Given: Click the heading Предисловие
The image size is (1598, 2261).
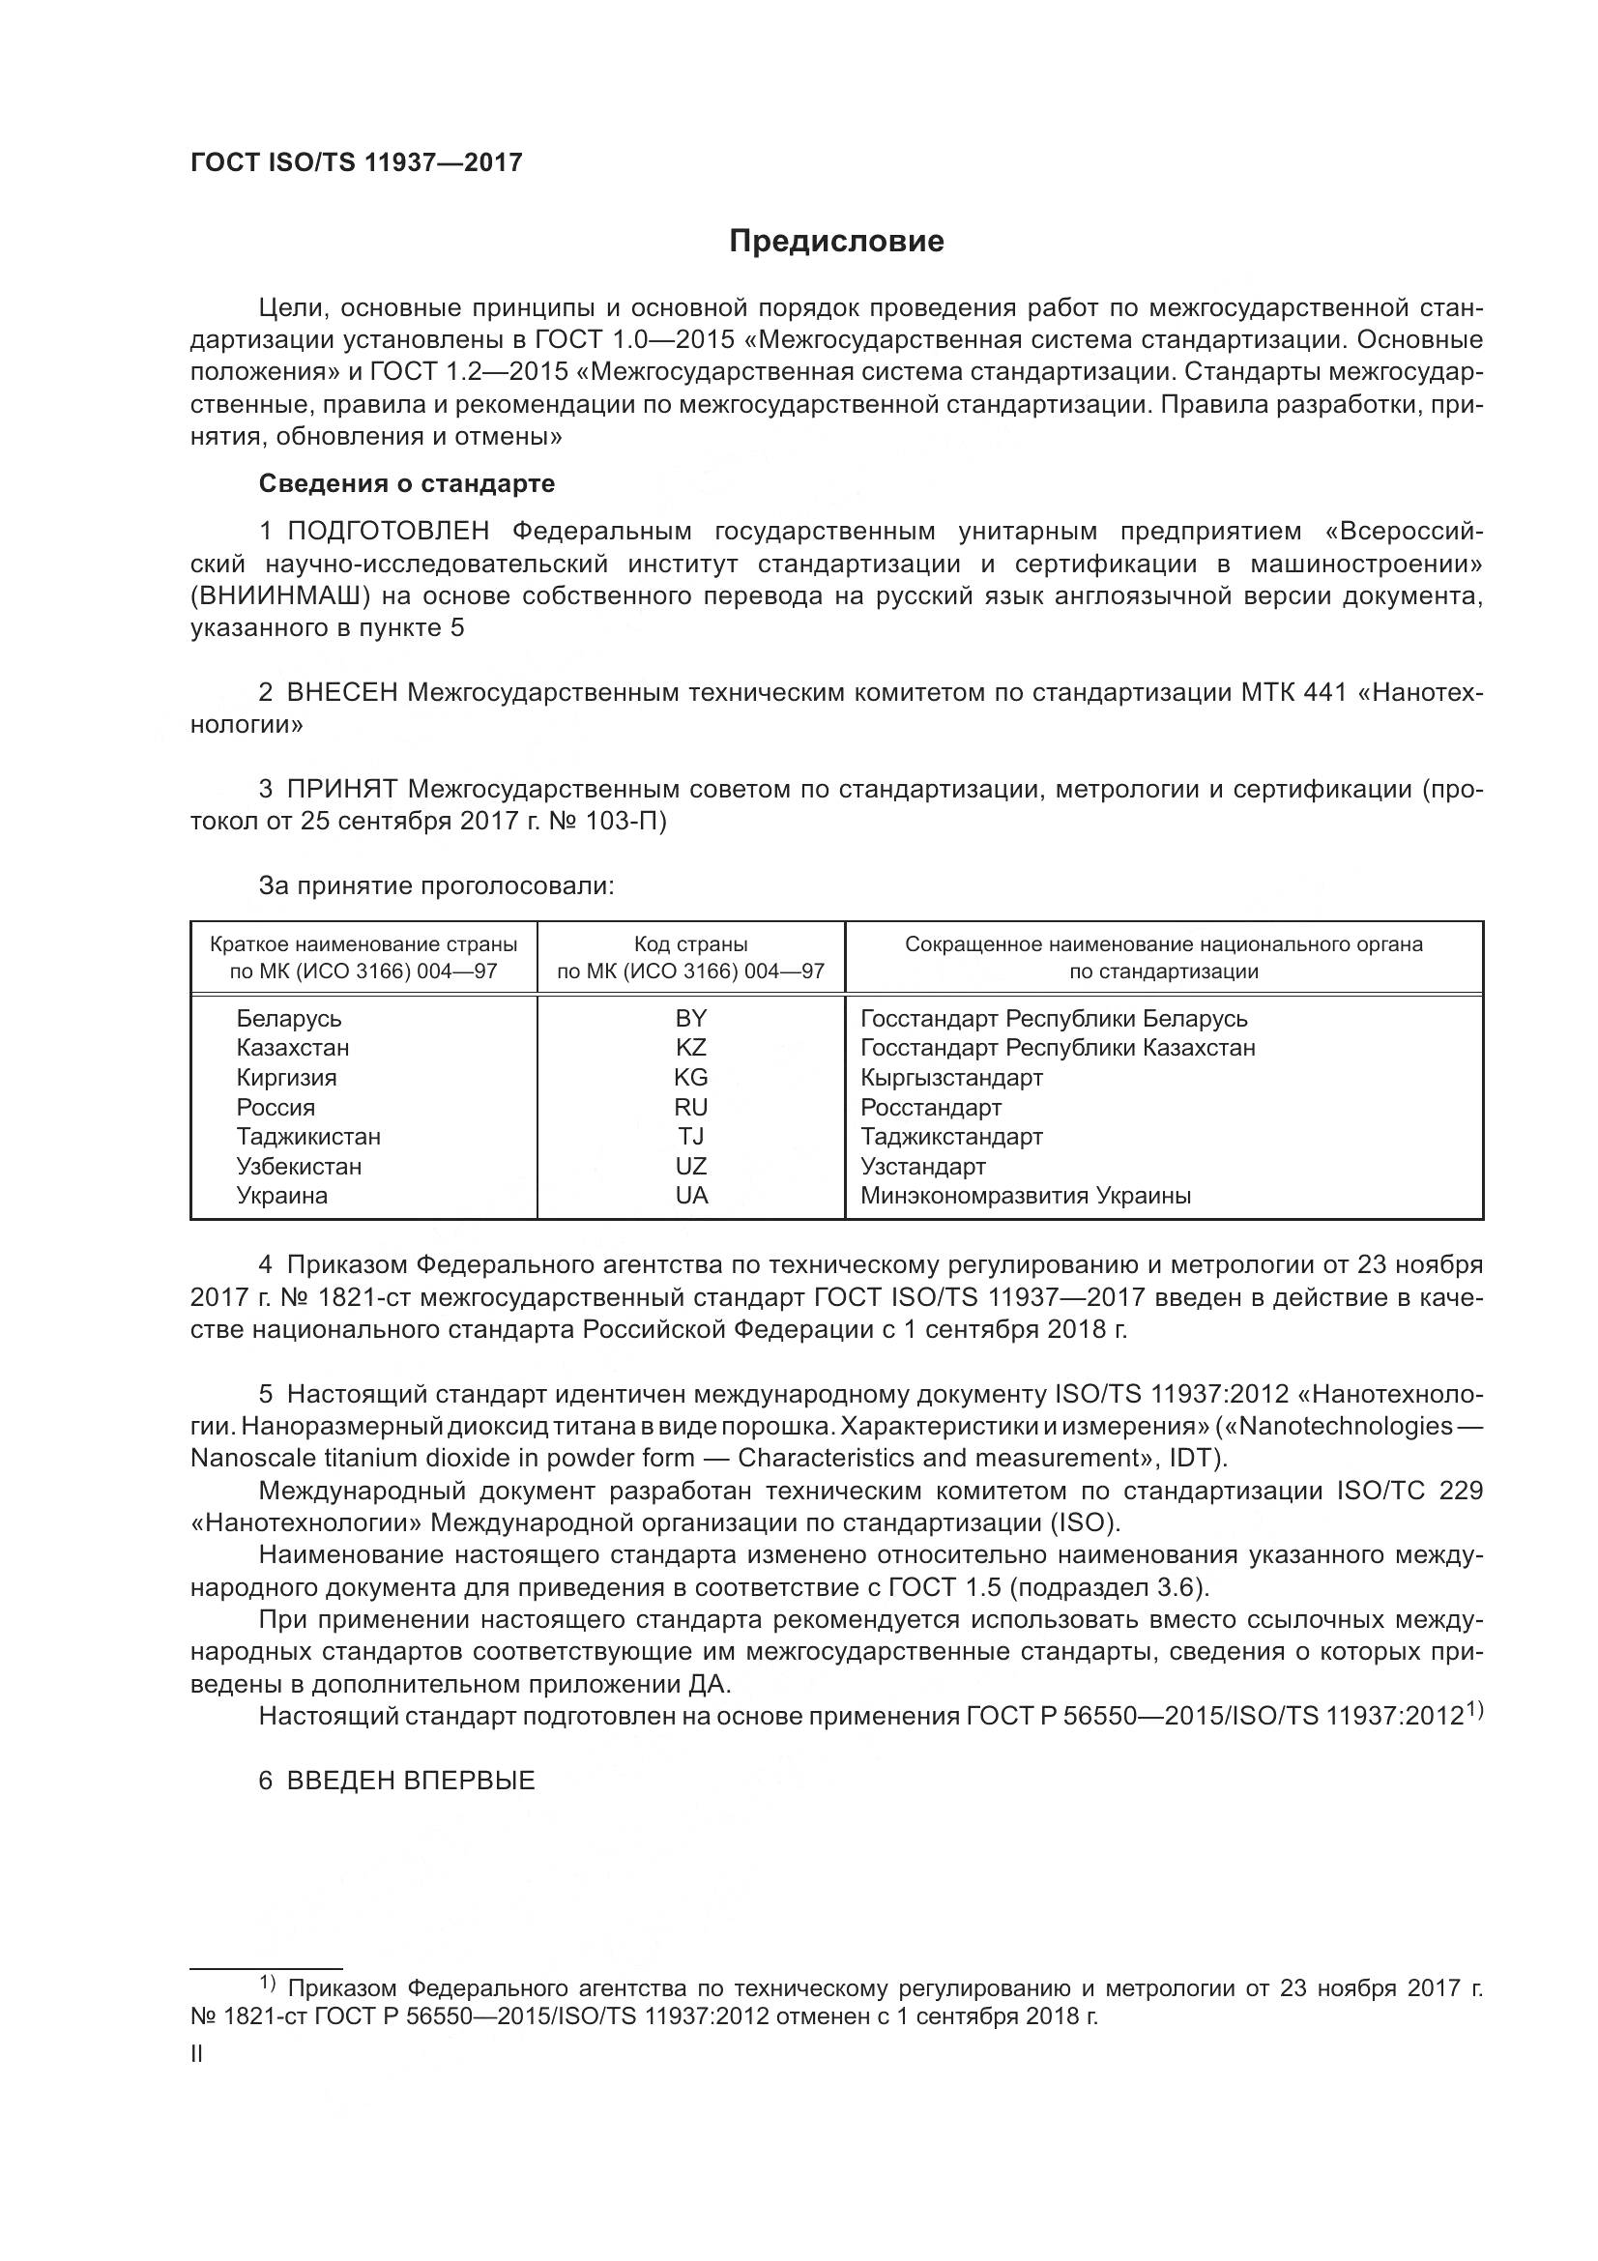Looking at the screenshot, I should coord(836,242).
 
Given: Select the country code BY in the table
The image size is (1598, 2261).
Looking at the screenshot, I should coord(691,1018).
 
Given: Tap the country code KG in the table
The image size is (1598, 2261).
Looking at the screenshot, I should coord(691,1077).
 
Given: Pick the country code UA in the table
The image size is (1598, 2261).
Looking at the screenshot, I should coord(691,1196).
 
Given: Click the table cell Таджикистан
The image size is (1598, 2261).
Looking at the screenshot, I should coord(308,1137).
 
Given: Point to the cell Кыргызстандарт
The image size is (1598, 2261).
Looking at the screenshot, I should coord(951,1077).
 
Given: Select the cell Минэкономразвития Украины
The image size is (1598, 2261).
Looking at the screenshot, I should coord(1025,1196).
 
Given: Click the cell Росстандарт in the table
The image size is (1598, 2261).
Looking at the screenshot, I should coord(930,1107).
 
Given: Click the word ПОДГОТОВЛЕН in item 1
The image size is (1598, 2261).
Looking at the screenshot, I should coord(388,532).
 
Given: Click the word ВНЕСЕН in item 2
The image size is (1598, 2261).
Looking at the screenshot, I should coord(341,692).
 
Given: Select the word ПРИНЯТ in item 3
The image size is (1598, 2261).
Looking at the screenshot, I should coord(341,789).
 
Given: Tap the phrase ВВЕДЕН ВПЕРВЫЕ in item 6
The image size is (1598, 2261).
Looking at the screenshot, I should coord(410,1781).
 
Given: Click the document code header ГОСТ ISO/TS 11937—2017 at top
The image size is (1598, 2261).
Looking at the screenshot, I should coord(356,162).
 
